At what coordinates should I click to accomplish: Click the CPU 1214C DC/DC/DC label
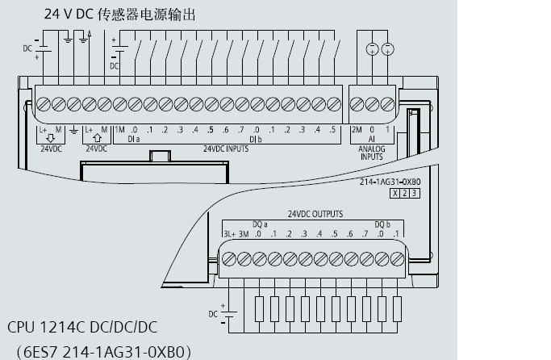(82, 327)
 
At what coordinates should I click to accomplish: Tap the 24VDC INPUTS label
(225, 149)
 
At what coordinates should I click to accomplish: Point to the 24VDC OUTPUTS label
(315, 215)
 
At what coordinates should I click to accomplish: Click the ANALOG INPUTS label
(371, 153)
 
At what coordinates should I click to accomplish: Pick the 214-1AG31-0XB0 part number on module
(390, 182)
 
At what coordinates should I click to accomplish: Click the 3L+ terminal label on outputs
(228, 234)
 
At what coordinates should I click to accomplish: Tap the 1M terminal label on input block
(119, 129)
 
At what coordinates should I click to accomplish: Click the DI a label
(134, 139)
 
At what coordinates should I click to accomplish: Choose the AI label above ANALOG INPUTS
(371, 139)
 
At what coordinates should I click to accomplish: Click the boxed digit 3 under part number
(415, 194)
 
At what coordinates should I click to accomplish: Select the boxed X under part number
(395, 194)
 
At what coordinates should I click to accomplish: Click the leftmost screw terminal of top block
(43, 103)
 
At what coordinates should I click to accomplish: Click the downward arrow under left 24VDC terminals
(50, 139)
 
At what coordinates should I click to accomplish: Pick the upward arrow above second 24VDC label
(98, 139)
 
